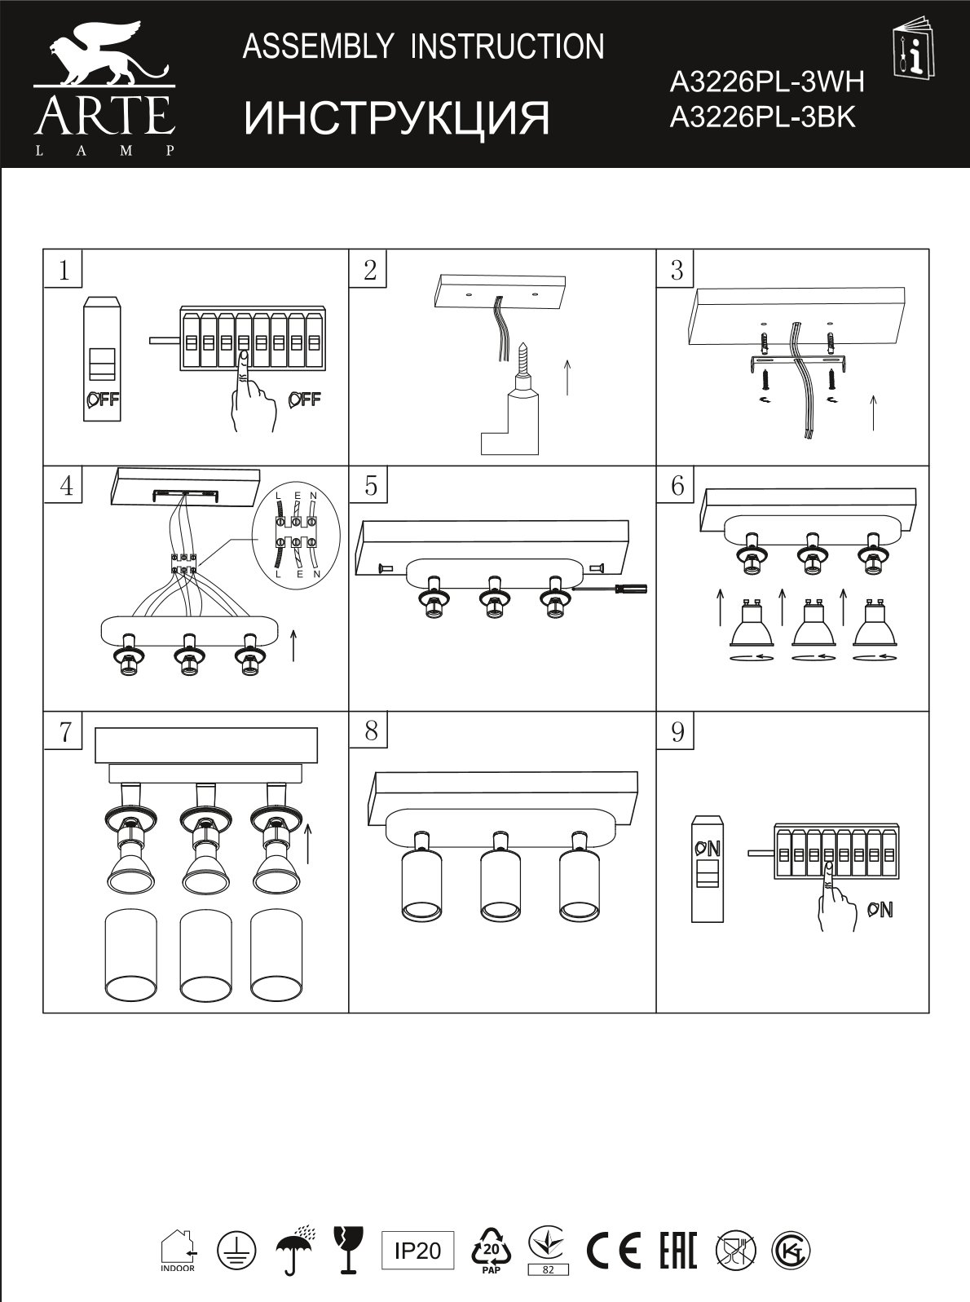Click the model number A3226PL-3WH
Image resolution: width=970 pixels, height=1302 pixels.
(x=767, y=82)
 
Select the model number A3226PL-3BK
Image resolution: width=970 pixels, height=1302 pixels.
(x=763, y=117)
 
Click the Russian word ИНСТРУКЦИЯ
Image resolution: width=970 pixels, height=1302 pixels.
(x=397, y=118)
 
